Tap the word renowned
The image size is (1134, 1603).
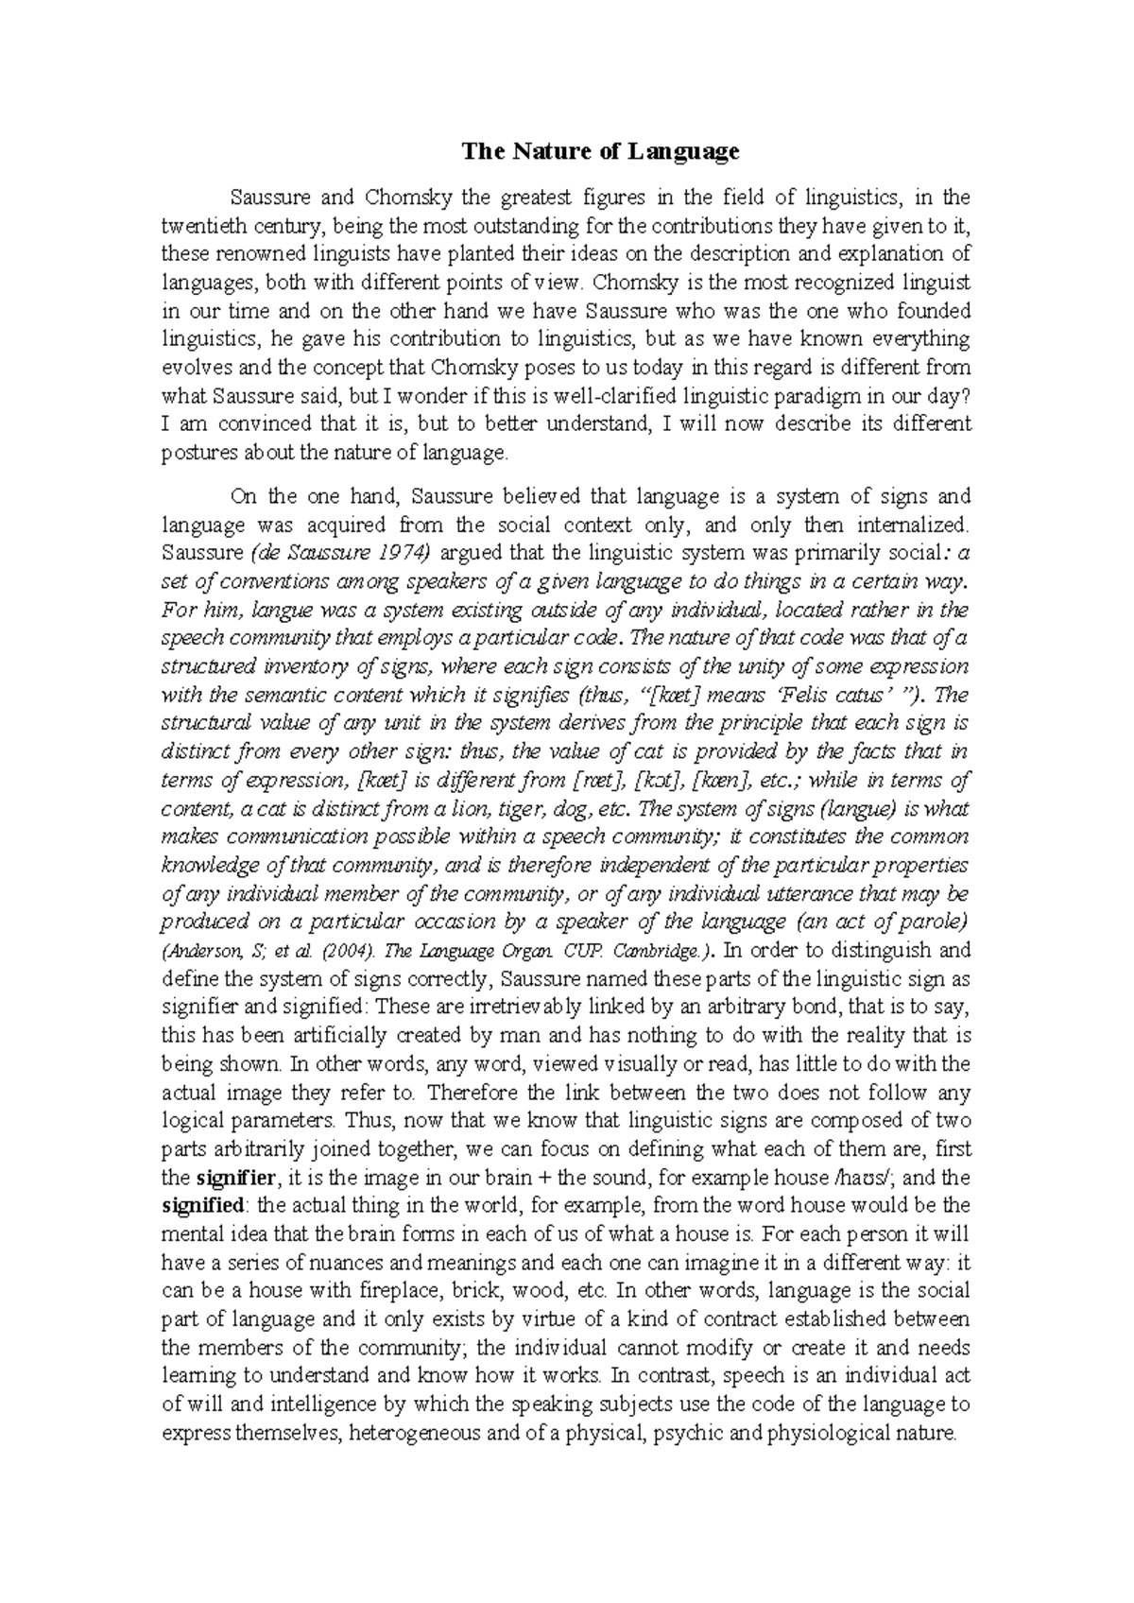[x=249, y=254]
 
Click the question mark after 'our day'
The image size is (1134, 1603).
[x=966, y=396]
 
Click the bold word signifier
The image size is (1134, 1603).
[x=235, y=1178]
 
